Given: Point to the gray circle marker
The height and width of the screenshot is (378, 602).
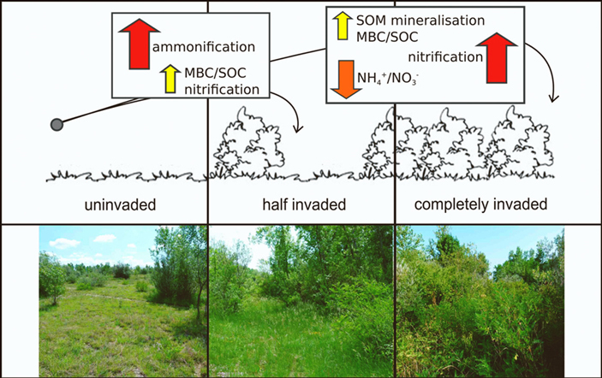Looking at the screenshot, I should click(57, 125).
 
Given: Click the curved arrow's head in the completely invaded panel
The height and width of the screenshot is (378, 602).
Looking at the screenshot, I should click(553, 98).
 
